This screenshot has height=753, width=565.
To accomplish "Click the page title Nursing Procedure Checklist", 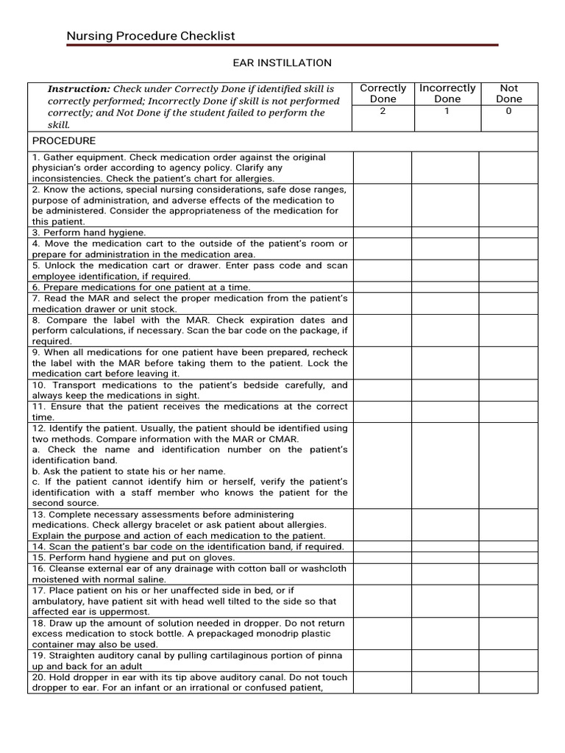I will tap(151, 36).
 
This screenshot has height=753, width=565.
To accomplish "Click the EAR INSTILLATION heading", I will tap(282, 63).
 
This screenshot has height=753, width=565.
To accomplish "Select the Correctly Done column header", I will tap(383, 93).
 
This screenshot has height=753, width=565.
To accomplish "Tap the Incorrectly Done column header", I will tap(447, 93).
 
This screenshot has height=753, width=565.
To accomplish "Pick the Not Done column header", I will tap(508, 93).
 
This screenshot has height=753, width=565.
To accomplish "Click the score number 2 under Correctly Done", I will tap(383, 112).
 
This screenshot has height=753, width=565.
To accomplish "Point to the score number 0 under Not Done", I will tap(508, 112).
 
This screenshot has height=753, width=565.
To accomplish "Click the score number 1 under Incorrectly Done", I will tap(447, 112).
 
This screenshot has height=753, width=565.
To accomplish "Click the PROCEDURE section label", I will tap(63, 141).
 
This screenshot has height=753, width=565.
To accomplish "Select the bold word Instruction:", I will tap(79, 89).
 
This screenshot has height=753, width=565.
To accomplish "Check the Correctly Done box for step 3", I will tap(382, 232).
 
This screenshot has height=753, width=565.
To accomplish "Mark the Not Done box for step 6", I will tap(508, 287).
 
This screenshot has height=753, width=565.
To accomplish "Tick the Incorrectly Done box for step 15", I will tap(445, 557).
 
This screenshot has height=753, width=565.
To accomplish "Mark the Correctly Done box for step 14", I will tap(382, 546).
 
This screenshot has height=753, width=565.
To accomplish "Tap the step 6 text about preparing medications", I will tap(141, 287).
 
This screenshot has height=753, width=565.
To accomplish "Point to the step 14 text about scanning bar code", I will tap(188, 546).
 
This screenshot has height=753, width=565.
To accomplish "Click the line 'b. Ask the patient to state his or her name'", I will tap(129, 471).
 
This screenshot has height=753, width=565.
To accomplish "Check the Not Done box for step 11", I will tap(508, 411).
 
